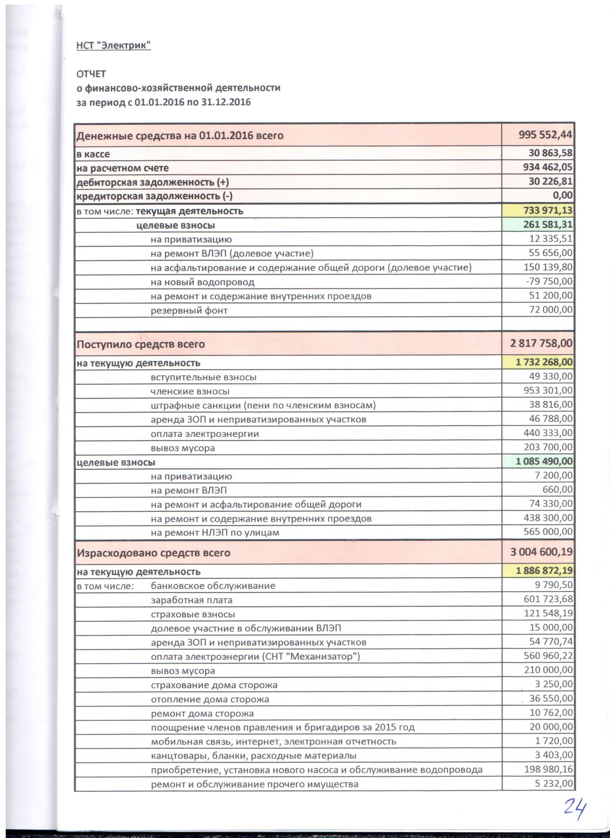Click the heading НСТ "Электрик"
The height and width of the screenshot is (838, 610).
[113, 46]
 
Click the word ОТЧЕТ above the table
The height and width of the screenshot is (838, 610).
[91, 74]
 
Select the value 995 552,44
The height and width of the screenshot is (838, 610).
[545, 135]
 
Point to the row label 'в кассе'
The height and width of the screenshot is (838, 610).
[93, 154]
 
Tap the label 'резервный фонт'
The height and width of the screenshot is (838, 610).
[189, 311]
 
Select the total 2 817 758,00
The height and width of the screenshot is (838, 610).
[541, 344]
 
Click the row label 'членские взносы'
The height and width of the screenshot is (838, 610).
[190, 391]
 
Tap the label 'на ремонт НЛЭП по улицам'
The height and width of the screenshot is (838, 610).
[215, 533]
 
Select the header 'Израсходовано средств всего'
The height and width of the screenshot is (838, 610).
[154, 553]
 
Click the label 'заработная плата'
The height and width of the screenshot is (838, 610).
[192, 600]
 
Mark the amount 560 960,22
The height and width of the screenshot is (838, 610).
[548, 656]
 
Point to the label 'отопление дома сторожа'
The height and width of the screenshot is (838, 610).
[210, 699]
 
